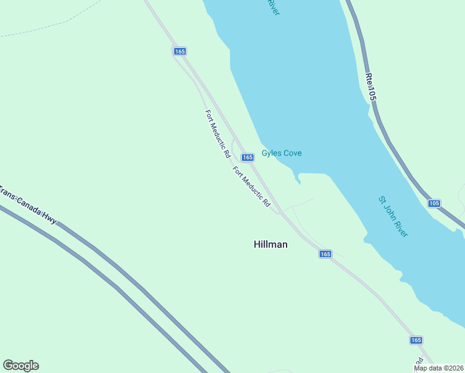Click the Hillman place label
(x=270, y=244)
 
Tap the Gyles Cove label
(x=282, y=153)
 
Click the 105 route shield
(x=434, y=203)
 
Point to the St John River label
(x=393, y=216)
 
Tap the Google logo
(x=21, y=366)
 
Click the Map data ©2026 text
(x=438, y=368)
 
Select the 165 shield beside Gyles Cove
(x=247, y=157)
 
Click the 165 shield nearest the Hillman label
(x=325, y=254)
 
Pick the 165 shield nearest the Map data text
(x=416, y=340)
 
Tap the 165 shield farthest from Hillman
(x=180, y=52)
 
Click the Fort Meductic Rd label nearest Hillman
(x=252, y=186)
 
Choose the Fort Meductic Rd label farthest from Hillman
(x=218, y=133)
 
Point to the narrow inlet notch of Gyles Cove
(x=298, y=180)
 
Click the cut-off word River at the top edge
(x=272, y=7)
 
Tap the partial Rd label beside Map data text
(x=420, y=361)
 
